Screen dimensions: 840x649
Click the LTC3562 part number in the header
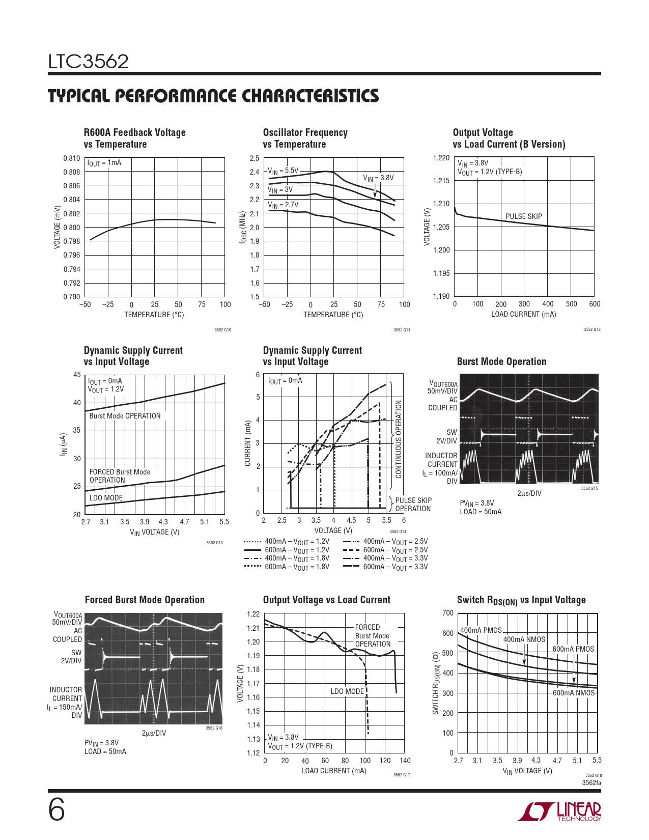(x=88, y=62)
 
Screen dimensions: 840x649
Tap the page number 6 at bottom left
(x=57, y=810)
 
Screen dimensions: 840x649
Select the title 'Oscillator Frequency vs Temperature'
(x=305, y=138)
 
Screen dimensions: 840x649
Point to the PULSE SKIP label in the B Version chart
(x=523, y=216)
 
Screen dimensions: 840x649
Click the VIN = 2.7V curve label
(x=283, y=205)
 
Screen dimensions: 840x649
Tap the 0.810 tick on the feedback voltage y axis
(x=72, y=158)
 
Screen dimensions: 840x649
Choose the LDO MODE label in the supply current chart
(x=106, y=498)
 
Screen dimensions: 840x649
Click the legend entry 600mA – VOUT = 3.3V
(x=385, y=567)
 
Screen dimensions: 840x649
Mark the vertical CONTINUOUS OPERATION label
(x=399, y=439)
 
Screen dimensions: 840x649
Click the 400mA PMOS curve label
(x=481, y=630)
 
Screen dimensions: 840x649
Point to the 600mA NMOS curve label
(x=574, y=693)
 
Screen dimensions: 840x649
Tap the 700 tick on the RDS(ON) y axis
(x=448, y=613)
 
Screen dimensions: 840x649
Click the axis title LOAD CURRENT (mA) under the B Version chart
(x=523, y=314)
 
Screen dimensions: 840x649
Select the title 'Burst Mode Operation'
(x=501, y=361)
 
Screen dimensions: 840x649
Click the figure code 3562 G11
(x=402, y=330)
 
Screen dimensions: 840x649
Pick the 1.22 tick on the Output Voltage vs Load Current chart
(x=253, y=614)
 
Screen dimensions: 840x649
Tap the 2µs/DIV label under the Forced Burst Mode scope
(x=154, y=733)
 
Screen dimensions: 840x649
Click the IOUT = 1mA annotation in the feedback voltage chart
(x=104, y=163)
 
